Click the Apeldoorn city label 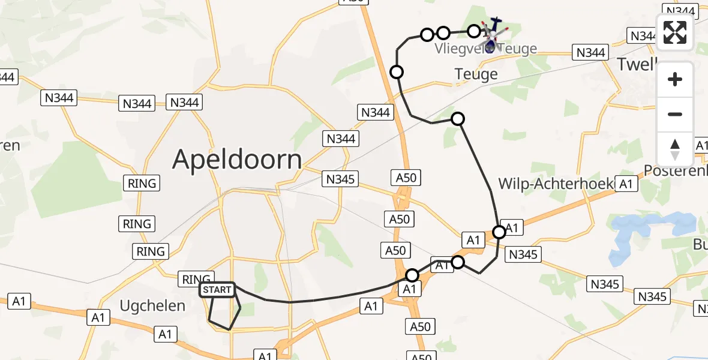tap(237, 160)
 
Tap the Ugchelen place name tap(152, 305)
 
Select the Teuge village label tap(476, 74)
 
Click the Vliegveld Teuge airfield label tap(486, 49)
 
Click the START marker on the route tap(217, 290)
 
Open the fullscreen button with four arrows tap(675, 32)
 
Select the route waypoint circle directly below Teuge tap(458, 119)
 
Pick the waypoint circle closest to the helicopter tap(474, 31)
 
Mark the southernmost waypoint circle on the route tap(412, 275)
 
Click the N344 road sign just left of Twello tap(590, 53)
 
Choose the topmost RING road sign tap(142, 183)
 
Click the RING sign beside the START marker tap(196, 279)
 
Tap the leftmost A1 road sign tap(19, 301)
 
